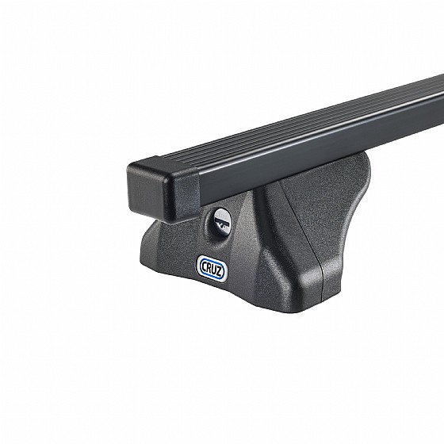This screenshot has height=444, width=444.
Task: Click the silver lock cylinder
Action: coord(222,219)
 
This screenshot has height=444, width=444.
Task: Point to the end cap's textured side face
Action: coord(184,195)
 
